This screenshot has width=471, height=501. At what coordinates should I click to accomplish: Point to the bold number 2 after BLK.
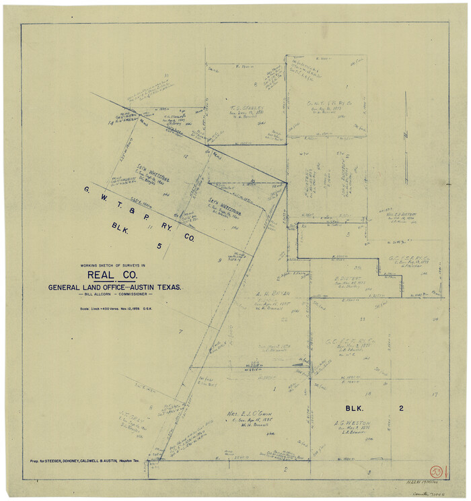point(401,408)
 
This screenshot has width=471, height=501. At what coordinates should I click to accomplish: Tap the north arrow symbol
point(406,135)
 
